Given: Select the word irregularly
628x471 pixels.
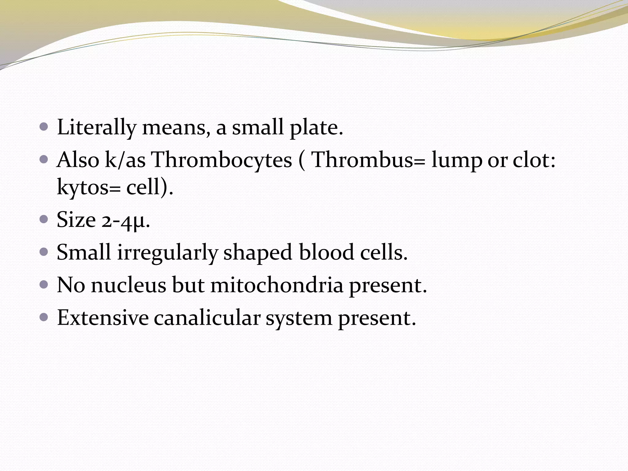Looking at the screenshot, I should click(x=167, y=252).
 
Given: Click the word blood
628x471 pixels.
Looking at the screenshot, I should click(x=326, y=252).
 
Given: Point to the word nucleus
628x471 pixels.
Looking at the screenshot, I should click(x=128, y=285).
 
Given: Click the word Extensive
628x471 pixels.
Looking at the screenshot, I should click(x=103, y=318).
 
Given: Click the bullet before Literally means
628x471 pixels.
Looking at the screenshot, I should click(x=44, y=127).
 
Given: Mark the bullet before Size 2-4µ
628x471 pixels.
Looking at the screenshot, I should click(x=44, y=219).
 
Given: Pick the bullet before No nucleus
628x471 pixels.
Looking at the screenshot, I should click(x=44, y=285).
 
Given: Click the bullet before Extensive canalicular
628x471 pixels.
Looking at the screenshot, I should click(x=44, y=317).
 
